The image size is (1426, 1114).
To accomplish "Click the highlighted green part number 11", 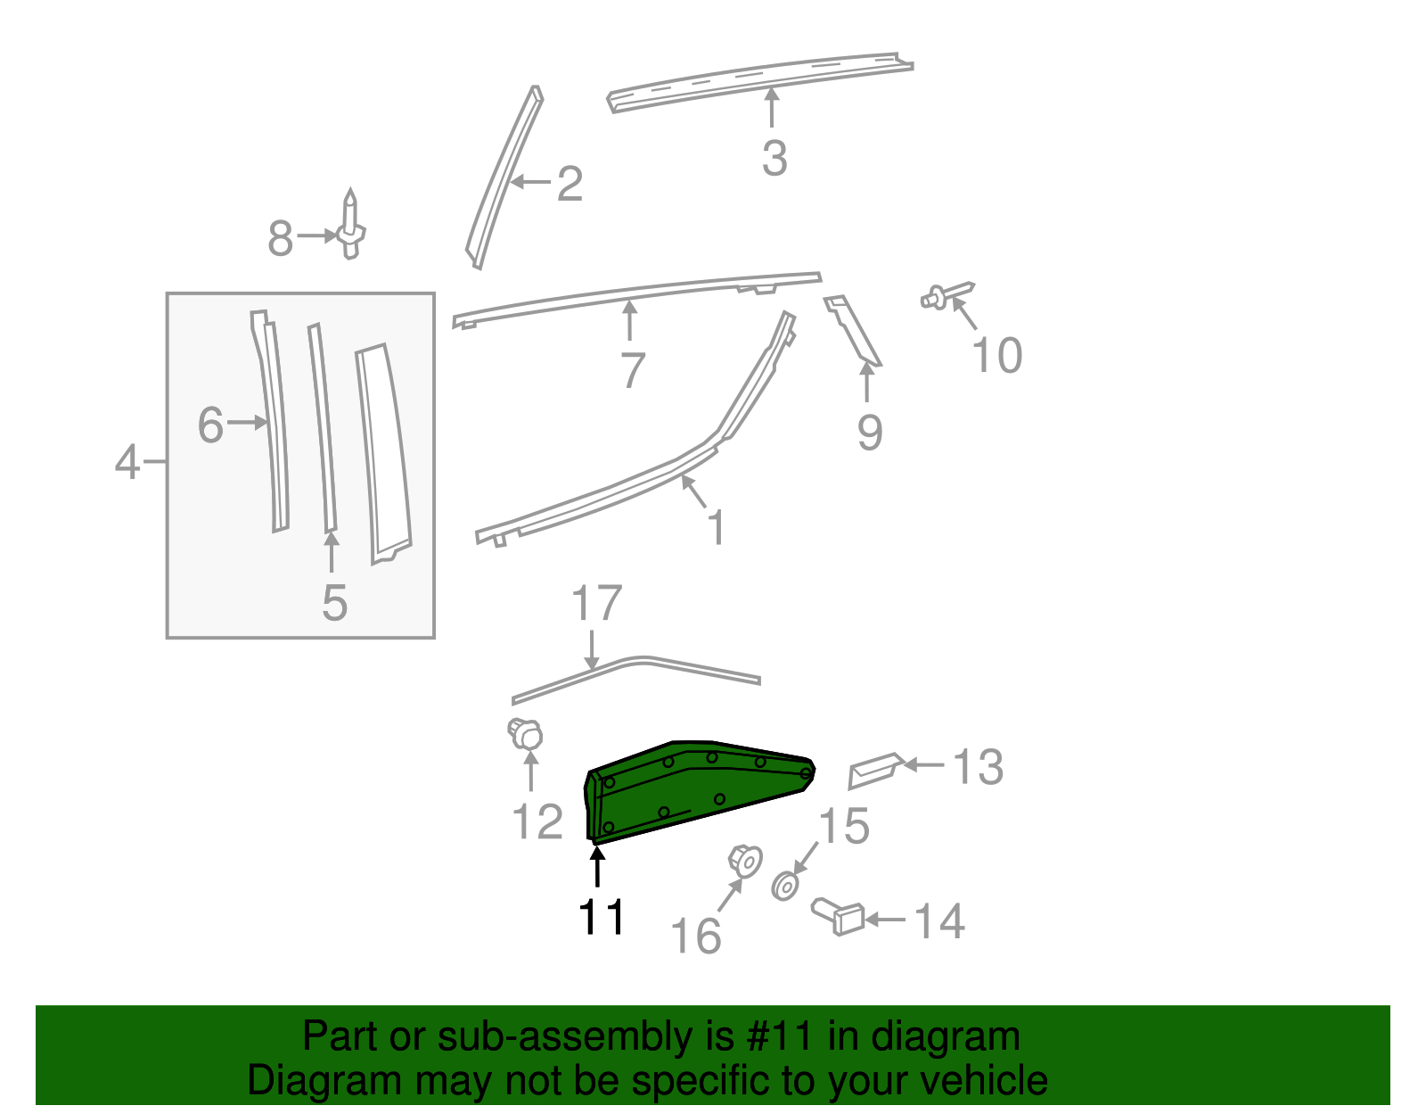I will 700,789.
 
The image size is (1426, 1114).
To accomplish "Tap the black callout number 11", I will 602,917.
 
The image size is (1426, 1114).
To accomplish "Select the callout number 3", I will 774,158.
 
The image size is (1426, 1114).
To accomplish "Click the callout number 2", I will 570,184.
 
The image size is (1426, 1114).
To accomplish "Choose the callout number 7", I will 632,370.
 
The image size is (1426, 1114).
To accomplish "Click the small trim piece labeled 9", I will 853,331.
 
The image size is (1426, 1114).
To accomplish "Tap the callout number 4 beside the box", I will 127,462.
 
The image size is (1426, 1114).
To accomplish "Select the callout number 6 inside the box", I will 210,425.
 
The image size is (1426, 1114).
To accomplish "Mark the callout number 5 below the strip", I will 334,604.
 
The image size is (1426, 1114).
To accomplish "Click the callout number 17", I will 596,604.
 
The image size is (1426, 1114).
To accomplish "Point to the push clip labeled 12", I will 526,734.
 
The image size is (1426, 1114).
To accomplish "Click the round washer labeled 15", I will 784,887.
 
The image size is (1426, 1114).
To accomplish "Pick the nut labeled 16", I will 745,861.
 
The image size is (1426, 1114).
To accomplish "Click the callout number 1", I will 716,527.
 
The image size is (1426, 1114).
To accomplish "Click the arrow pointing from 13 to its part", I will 925,765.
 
